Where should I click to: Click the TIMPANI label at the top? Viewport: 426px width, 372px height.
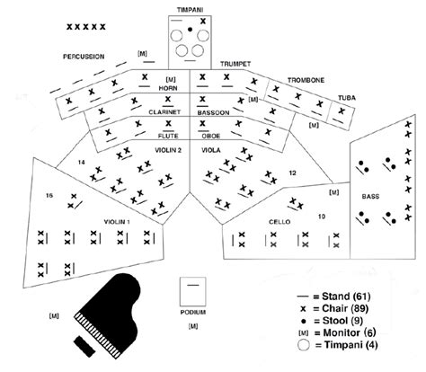tap(190, 10)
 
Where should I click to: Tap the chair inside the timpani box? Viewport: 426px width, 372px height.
tap(203, 21)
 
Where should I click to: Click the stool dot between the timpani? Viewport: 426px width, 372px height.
tap(190, 29)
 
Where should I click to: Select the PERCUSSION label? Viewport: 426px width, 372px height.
tap(84, 57)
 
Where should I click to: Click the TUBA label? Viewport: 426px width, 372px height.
tap(347, 98)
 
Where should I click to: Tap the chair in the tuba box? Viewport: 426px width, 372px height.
tap(342, 111)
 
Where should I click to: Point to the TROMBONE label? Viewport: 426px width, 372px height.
tap(306, 80)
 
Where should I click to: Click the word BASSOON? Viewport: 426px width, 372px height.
tap(213, 112)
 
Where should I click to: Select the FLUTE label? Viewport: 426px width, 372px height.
tap(168, 136)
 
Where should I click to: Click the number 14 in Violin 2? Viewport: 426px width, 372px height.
tap(82, 163)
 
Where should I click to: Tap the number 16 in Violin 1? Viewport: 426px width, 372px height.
tap(49, 196)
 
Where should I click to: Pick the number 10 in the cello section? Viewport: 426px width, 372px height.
tap(322, 217)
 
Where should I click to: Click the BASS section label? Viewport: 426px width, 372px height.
tap(370, 197)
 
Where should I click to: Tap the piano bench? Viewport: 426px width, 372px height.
tap(84, 347)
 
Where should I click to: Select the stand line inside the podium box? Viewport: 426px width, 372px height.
tap(193, 285)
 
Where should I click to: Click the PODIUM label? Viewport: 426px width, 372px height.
tap(193, 312)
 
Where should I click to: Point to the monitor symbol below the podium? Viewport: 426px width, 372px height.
tap(193, 326)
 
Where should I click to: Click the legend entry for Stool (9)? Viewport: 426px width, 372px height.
tap(333, 321)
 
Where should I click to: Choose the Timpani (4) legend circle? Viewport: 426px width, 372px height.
tap(304, 345)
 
